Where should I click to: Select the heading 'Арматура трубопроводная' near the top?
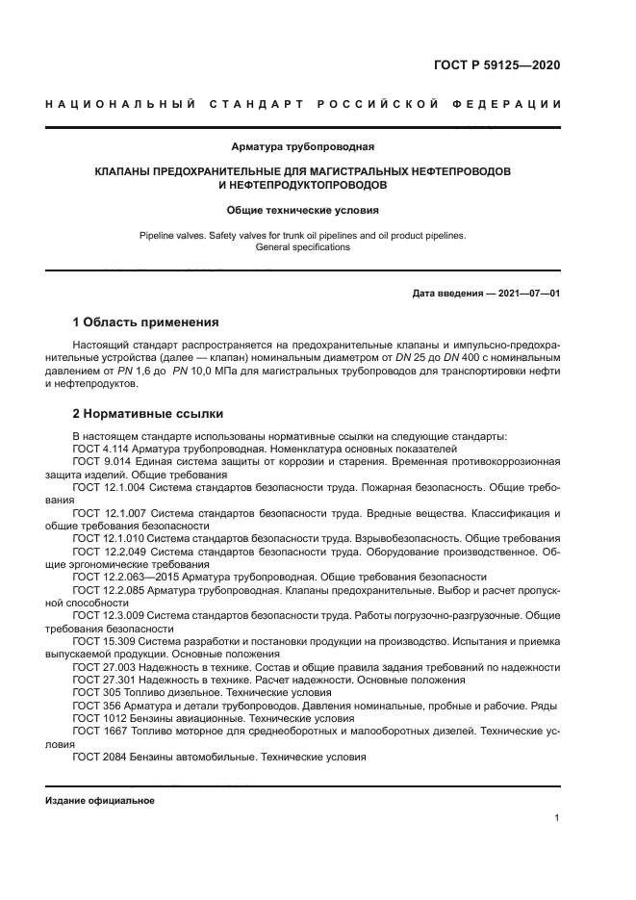[302, 147]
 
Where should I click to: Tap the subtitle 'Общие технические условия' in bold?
[302, 209]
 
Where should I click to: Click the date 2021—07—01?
[525, 292]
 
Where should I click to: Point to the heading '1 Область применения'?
[146, 321]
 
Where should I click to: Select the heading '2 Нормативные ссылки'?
[148, 414]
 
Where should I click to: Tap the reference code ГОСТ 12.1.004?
[109, 488]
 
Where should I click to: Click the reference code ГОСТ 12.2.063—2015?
[125, 576]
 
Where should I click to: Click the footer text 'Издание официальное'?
[100, 800]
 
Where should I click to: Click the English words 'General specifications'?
[302, 247]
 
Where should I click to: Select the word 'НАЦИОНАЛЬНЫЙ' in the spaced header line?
[116, 104]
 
